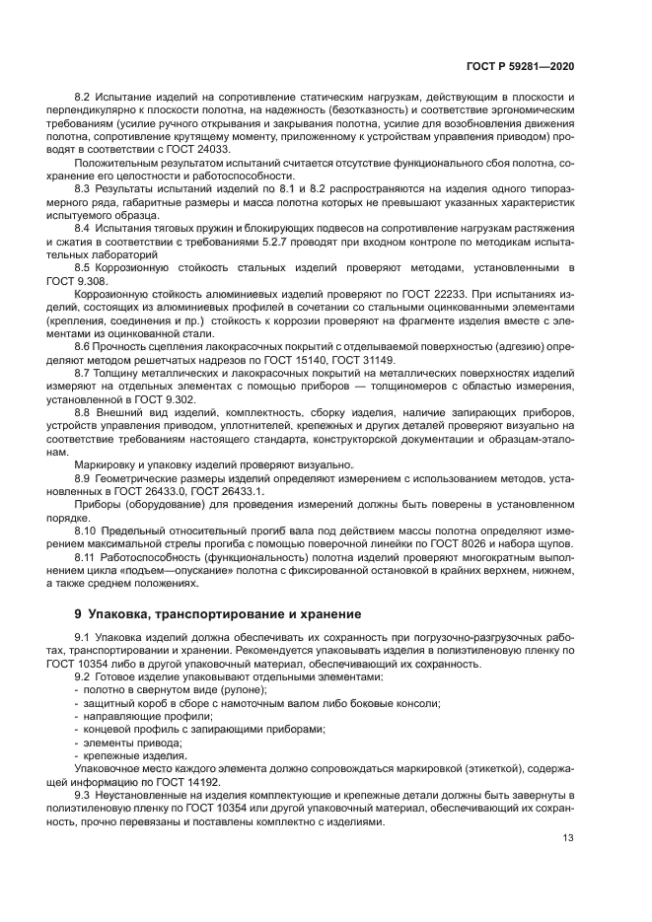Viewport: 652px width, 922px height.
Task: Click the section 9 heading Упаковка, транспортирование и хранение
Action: tap(218, 613)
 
